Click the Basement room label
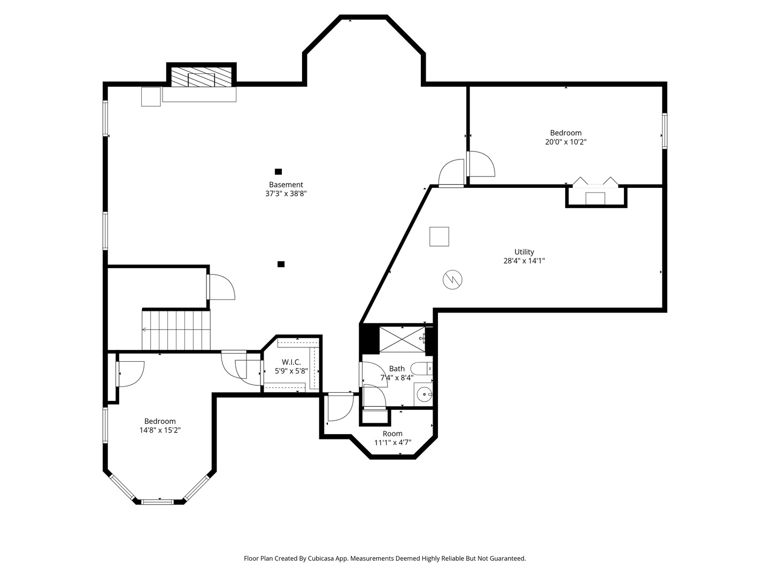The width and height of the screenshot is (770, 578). coord(286,185)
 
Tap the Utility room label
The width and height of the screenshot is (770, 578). coord(524,252)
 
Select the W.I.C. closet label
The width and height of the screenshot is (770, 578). coord(291,362)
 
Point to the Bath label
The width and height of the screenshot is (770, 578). coord(397,369)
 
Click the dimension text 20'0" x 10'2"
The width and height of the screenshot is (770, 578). coord(566,142)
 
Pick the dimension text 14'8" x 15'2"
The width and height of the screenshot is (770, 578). coord(160,430)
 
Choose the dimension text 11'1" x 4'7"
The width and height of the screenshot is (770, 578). coord(392,443)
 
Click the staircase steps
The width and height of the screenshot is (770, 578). coord(176,329)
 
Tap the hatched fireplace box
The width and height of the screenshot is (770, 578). coord(202,77)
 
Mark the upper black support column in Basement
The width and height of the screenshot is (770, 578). coord(278,172)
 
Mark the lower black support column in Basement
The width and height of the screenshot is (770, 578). coord(281,264)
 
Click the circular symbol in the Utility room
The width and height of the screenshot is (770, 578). coord(452,280)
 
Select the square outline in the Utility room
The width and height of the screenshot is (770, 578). coord(439,237)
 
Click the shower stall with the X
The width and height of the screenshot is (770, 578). coord(402,339)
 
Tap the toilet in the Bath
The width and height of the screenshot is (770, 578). coord(422,369)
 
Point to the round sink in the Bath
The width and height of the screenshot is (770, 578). coord(425,395)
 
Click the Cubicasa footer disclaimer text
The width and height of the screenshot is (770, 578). coord(385,558)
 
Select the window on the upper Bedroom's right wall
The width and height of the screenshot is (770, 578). coord(665,131)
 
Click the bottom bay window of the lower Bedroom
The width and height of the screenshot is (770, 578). coord(157,502)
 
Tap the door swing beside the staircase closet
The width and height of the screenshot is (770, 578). coord(221,287)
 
